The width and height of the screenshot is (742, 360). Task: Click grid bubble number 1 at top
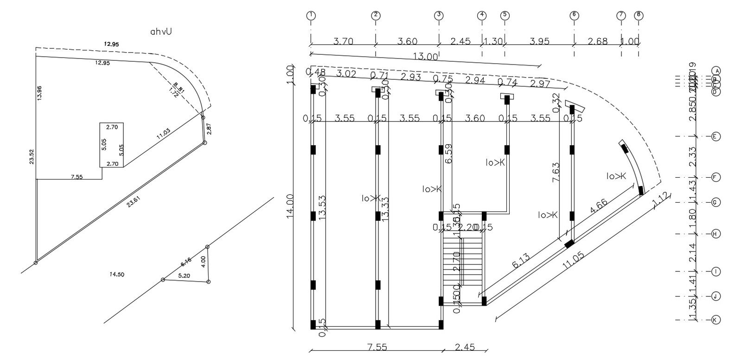tap(311, 15)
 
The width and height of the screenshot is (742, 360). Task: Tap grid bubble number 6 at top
tap(574, 15)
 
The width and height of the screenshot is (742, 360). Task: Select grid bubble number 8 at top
tap(639, 15)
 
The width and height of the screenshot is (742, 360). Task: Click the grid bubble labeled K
tap(716, 320)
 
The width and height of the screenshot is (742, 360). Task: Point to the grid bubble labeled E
tap(716, 136)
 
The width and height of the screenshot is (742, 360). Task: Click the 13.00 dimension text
tap(426, 57)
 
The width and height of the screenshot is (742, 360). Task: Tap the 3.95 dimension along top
tap(539, 41)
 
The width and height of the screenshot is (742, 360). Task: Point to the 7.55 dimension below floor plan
tap(377, 347)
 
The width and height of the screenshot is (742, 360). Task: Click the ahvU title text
tap(161, 32)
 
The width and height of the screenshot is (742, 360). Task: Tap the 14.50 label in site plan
tap(116, 275)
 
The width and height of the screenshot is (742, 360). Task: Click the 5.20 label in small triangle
tap(184, 276)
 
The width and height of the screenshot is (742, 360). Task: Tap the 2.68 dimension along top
tap(597, 41)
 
